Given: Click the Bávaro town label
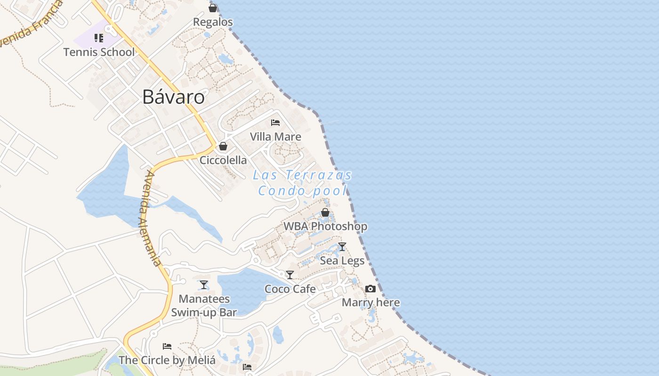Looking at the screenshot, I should point(174,97).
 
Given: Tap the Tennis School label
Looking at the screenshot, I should point(99,52).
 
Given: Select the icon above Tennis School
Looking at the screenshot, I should point(99,38).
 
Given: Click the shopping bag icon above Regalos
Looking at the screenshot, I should point(213,8).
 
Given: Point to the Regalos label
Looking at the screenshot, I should point(213,22).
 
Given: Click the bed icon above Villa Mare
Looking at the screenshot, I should point(275,123).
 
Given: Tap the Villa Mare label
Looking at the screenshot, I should point(275,137).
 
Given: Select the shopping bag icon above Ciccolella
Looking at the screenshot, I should point(223,146).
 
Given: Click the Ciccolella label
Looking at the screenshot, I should point(223,160).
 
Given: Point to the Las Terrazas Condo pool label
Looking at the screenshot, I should point(303,183).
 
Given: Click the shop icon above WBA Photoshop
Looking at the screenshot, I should point(325,212).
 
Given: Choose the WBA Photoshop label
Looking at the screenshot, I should point(325,227).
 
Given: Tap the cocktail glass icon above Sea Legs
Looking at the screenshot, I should point(342,247).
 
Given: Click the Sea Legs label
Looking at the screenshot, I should point(342,260).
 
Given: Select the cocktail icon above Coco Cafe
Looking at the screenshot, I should point(290,275).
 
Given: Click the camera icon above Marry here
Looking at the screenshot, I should point(370,289).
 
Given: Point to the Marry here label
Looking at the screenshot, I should point(370,303).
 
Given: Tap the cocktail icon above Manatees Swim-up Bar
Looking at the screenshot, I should point(204,285).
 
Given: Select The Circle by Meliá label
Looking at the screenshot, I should point(167,360).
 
